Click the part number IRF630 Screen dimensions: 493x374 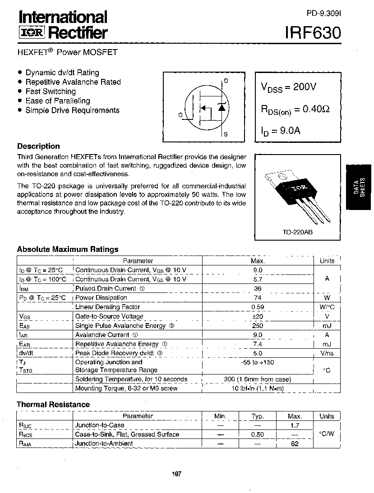(313, 33)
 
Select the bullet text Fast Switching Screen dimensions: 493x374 (51, 91)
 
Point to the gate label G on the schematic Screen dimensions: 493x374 (180, 115)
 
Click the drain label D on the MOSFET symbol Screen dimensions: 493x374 (226, 81)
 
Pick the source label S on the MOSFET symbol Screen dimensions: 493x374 (226, 134)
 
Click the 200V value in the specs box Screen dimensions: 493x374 (305, 87)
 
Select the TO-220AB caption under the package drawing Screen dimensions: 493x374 (298, 232)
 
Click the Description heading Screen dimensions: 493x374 (38, 146)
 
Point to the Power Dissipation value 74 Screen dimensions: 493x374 (258, 298)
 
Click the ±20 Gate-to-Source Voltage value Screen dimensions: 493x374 (258, 316)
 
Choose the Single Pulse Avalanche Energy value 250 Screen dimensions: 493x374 (258, 326)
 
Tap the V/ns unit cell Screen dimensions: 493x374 (327, 354)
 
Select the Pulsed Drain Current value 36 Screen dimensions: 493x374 (258, 288)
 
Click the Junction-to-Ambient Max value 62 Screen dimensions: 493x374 (295, 443)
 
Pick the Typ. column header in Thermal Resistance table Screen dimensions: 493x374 (258, 416)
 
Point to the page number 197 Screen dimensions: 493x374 (176, 474)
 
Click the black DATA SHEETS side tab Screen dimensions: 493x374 (359, 187)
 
